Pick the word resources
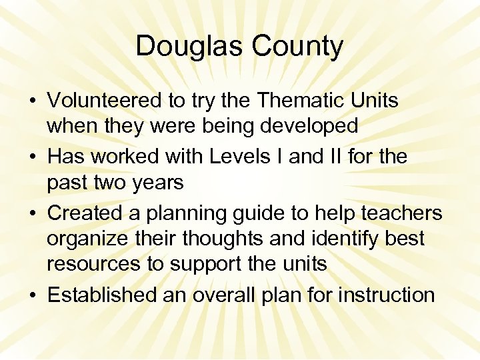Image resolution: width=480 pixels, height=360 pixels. point(94,263)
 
